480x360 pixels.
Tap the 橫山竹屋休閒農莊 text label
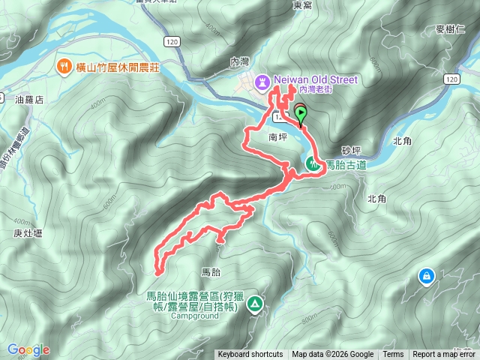pos(117,66)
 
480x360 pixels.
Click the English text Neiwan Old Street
pos(317,79)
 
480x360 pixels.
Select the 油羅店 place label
pos(31,98)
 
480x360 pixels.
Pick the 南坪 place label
pos(277,137)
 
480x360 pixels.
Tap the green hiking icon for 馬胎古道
pos(312,163)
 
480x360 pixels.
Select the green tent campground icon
pos(255,304)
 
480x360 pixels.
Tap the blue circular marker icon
pos(426,277)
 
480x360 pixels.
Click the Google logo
pos(28,349)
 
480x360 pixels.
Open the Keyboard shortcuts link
pos(250,355)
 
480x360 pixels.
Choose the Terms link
pos(393,355)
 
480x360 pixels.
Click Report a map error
pos(445,355)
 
